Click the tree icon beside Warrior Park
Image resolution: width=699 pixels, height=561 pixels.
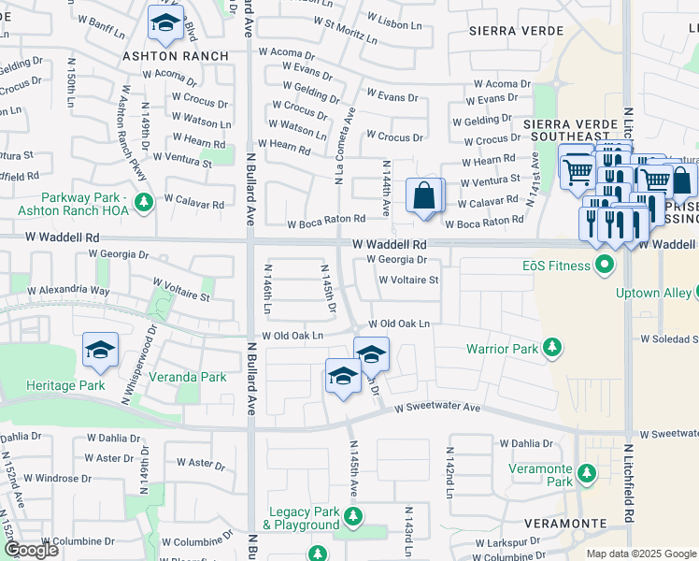(552, 349)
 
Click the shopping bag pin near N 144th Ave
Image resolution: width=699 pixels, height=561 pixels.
(424, 196)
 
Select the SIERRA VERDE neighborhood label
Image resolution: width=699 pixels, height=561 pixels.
(500, 31)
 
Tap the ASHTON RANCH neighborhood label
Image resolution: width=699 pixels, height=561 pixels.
(177, 56)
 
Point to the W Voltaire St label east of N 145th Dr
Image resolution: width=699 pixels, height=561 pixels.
(408, 280)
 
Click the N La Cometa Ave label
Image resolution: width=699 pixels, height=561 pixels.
(341, 150)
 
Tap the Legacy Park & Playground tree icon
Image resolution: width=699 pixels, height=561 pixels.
(352, 517)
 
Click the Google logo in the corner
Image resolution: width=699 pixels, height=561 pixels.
(31, 550)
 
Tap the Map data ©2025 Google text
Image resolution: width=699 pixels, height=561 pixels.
(640, 554)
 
